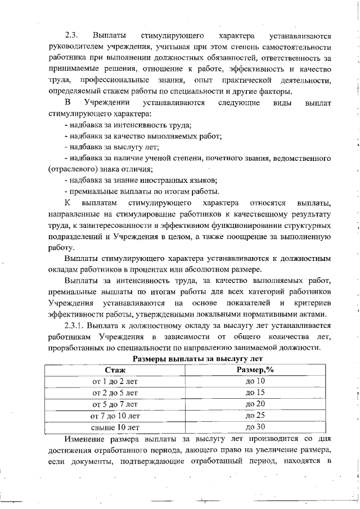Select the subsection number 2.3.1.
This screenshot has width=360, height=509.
(x=78, y=325)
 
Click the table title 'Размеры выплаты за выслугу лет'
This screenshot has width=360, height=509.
(x=197, y=358)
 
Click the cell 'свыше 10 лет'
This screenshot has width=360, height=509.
(x=115, y=427)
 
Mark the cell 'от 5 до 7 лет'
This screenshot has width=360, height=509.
(x=115, y=404)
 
